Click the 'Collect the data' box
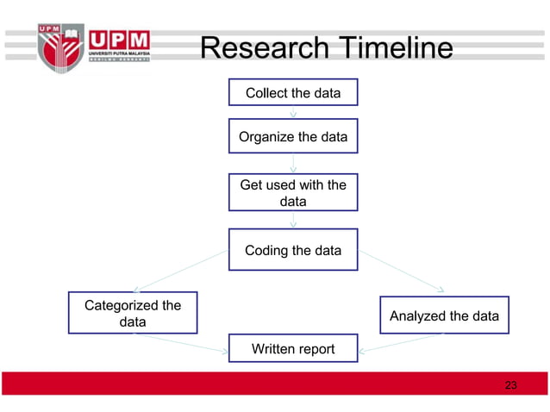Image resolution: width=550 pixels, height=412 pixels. (293, 92)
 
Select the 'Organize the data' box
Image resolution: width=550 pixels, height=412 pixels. (293, 136)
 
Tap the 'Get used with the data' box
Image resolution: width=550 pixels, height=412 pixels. (293, 193)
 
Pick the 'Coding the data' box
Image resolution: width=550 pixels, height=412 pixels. (293, 251)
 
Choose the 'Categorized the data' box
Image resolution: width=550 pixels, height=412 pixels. (132, 314)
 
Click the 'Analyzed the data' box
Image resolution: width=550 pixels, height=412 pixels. (444, 315)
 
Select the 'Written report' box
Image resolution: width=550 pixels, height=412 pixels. (293, 349)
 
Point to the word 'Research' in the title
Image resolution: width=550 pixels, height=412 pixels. (262, 48)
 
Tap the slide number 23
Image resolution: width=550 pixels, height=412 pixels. (510, 384)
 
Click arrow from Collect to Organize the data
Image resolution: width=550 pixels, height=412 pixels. (293, 110)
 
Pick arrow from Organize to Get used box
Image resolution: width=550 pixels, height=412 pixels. (293, 164)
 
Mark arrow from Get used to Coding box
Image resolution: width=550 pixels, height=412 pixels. (293, 220)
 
